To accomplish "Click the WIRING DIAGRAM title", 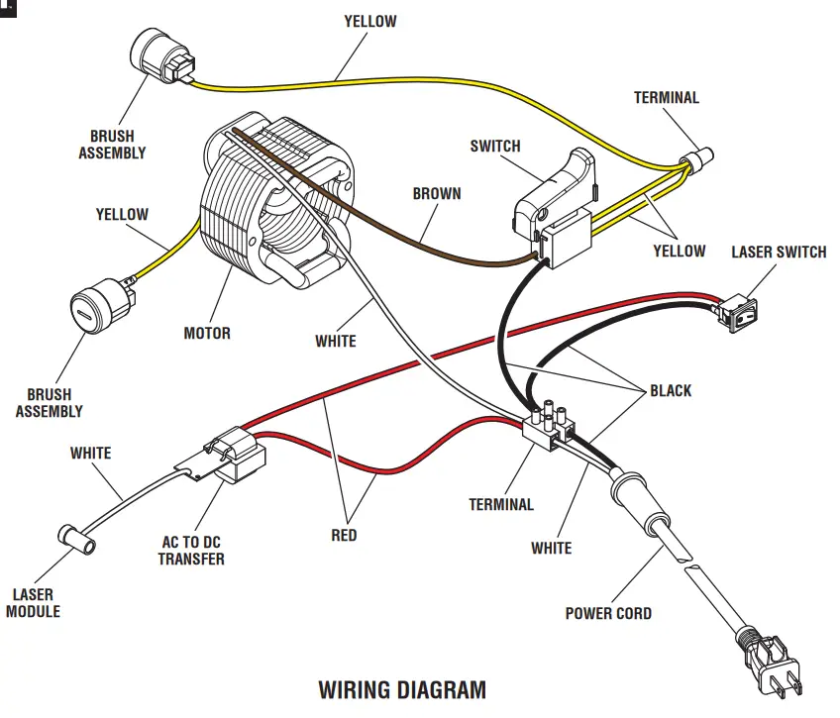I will [x=402, y=689].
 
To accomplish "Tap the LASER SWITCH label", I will [x=779, y=252].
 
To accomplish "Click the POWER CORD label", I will [x=608, y=613].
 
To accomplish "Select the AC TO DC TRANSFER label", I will [x=192, y=551].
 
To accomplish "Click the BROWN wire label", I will [x=437, y=193].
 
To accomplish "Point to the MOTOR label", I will [x=207, y=333].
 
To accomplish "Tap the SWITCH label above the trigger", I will [x=494, y=147].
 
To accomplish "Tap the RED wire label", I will [x=344, y=536].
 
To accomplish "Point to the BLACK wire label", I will [x=671, y=390].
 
